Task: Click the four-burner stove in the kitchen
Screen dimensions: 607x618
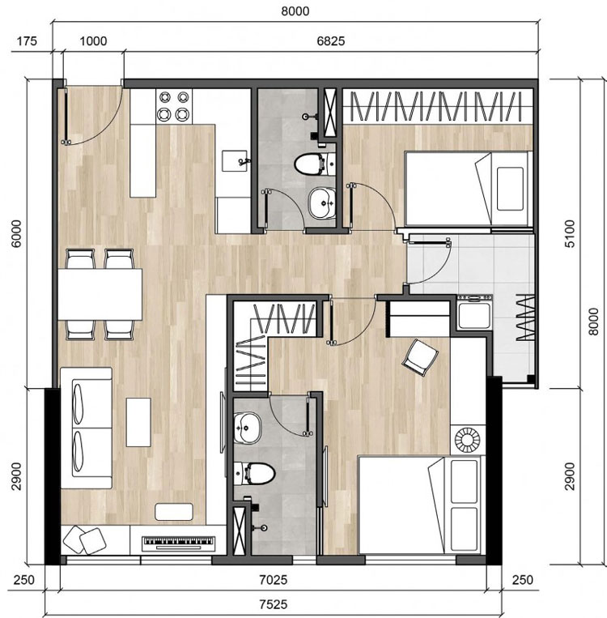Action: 174,105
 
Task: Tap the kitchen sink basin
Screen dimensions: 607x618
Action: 235,161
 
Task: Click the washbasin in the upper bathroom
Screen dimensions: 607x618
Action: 322,202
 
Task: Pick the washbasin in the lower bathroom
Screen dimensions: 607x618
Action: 248,427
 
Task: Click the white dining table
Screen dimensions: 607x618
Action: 100,294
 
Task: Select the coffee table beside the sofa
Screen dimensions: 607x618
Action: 138,422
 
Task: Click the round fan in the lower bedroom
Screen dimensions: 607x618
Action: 468,439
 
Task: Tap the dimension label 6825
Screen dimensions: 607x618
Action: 331,41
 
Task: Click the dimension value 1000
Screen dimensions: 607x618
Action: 93,41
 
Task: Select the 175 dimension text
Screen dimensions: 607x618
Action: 27,41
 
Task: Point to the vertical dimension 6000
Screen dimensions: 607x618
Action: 16,234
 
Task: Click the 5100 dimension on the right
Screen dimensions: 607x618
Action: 570,234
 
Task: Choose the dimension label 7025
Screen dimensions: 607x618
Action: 274,580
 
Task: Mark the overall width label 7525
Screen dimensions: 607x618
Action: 274,604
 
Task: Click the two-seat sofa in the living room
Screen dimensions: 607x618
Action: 87,428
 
